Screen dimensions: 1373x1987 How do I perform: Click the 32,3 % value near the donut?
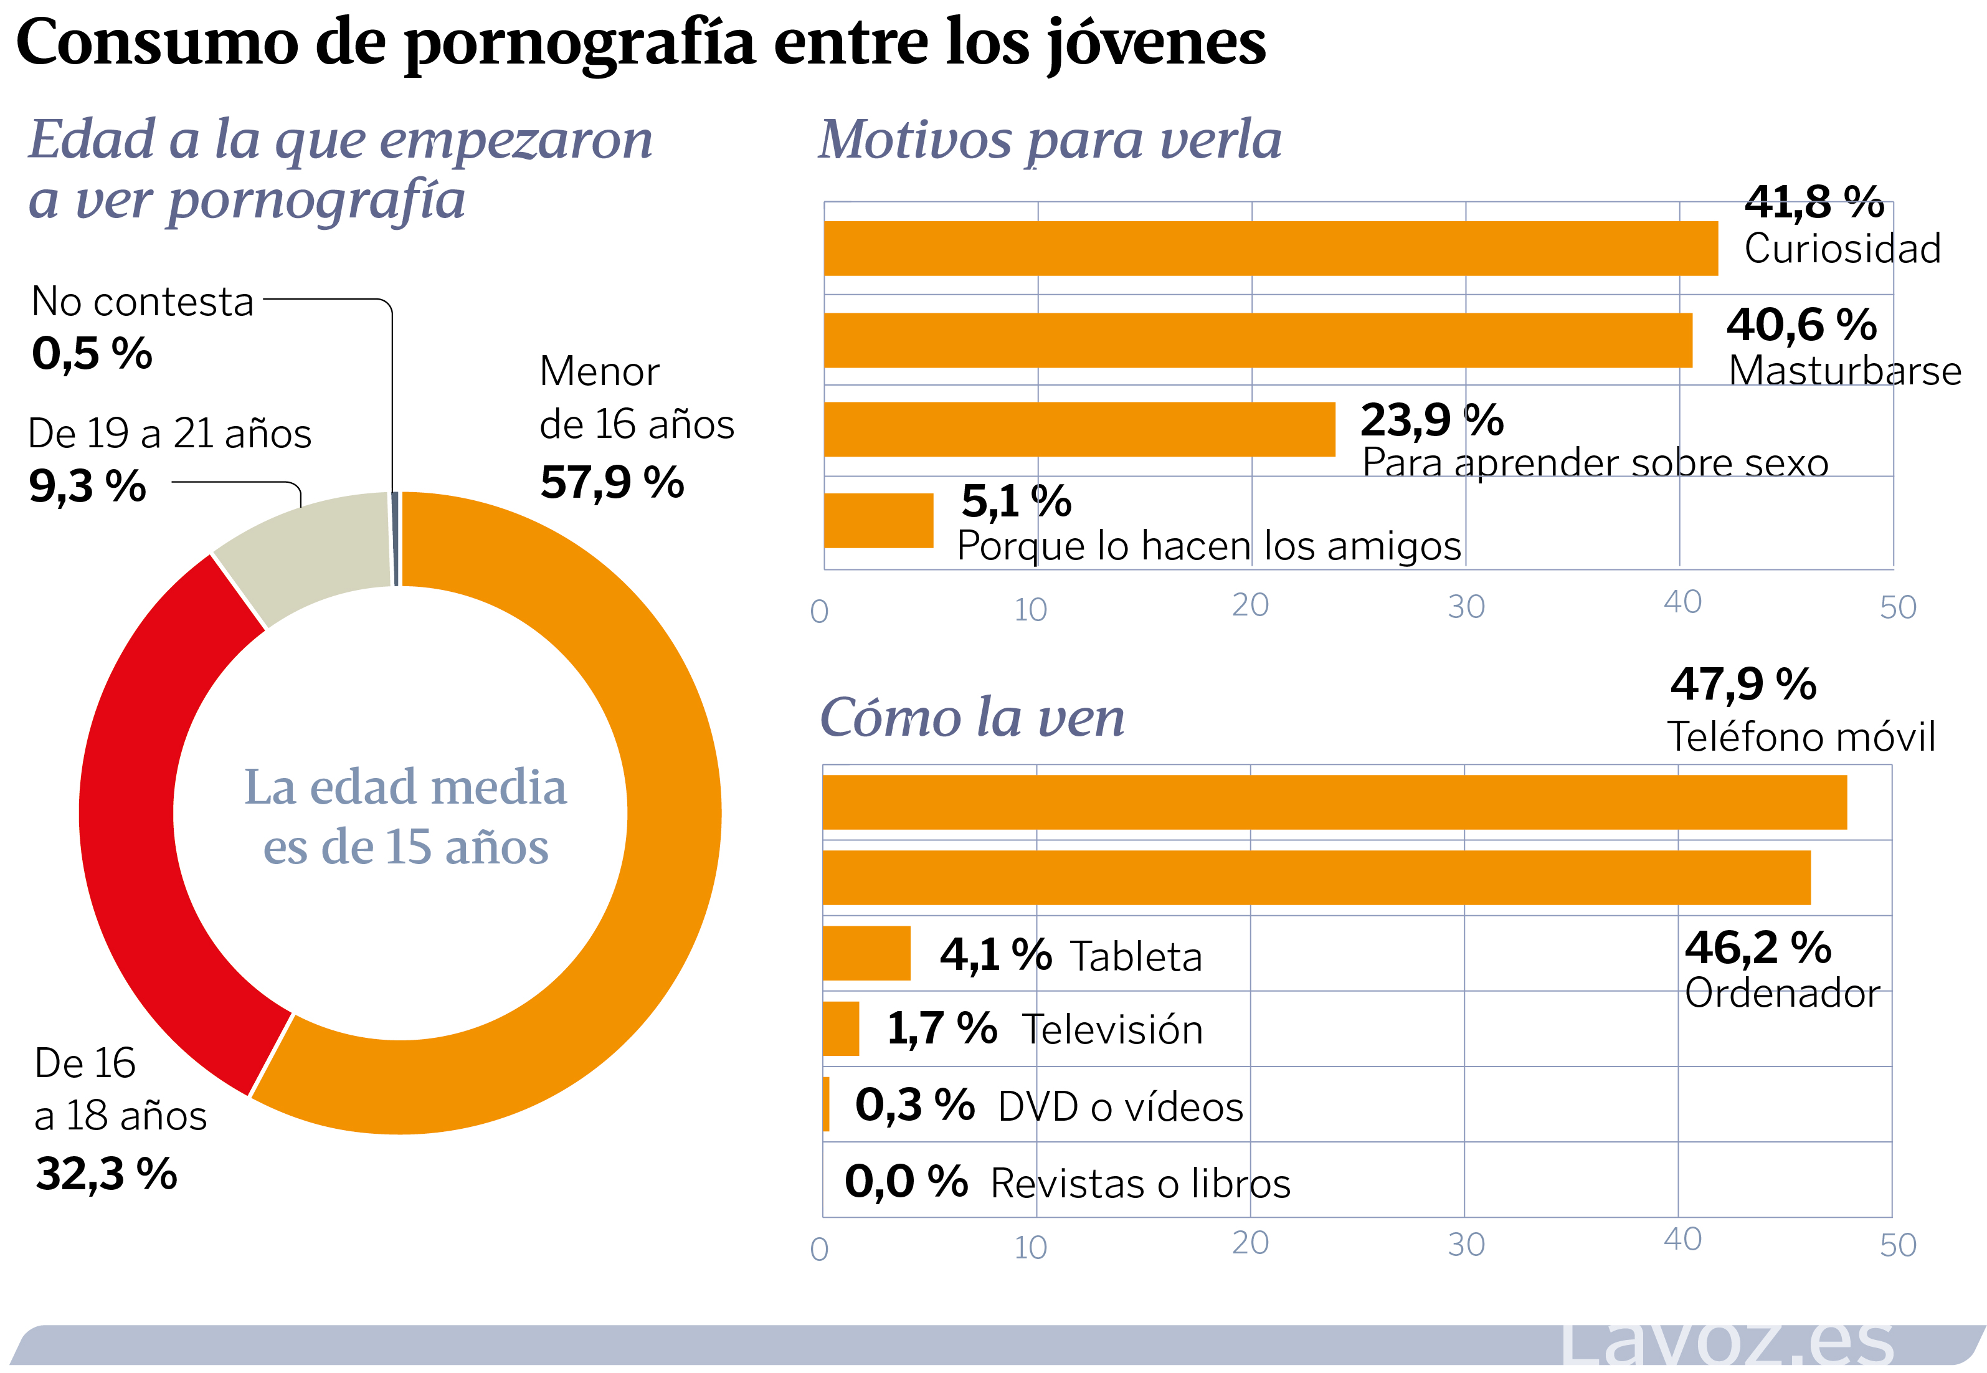[x=107, y=1174]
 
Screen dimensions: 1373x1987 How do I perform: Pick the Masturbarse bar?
[x=1257, y=341]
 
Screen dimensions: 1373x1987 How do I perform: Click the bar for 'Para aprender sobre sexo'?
[x=1079, y=429]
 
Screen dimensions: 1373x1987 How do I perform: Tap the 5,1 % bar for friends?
[x=878, y=520]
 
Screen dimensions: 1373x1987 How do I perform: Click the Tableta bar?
[x=866, y=953]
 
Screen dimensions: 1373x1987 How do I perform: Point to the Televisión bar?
[x=840, y=1029]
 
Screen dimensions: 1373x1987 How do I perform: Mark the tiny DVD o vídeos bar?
[x=827, y=1105]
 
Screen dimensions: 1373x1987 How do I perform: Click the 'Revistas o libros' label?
[x=1140, y=1184]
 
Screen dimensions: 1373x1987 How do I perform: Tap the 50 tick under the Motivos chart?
[x=1897, y=608]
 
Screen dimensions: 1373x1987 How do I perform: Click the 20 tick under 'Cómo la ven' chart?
[x=1250, y=1243]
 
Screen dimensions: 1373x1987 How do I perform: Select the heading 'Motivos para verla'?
[x=1050, y=140]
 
